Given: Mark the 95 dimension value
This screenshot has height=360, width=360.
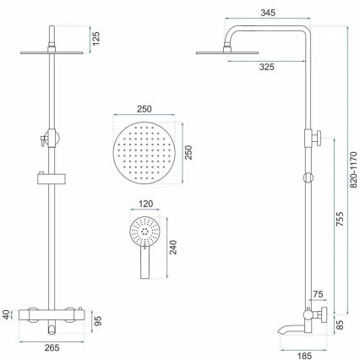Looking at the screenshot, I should click(x=98, y=320).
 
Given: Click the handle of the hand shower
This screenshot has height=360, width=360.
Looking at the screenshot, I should click(x=142, y=264).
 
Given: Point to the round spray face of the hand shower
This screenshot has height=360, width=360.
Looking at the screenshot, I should click(x=145, y=230).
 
